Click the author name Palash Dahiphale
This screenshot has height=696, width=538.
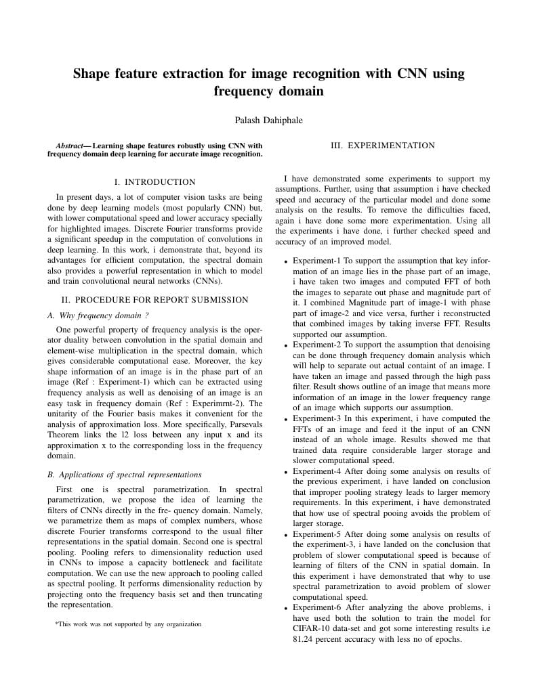click(x=268, y=121)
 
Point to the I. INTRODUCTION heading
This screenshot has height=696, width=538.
click(x=154, y=182)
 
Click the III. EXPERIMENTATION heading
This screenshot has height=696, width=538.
click(x=382, y=146)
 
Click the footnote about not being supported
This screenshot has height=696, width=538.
click(x=128, y=624)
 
